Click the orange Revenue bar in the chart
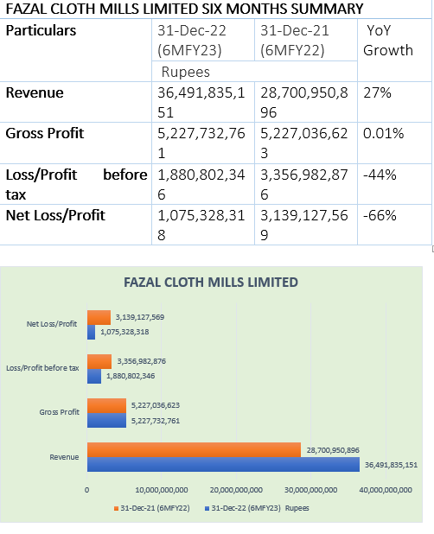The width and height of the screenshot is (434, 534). [x=194, y=449]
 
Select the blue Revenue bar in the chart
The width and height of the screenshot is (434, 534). [x=223, y=464]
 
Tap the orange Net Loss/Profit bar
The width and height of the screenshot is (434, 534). [x=99, y=317]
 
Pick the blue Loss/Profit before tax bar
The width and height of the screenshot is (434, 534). [x=94, y=376]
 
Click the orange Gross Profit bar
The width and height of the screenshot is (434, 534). [x=106, y=405]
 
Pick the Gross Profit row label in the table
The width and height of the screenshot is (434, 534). [x=45, y=133]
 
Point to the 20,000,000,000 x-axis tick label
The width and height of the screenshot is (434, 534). [x=236, y=490]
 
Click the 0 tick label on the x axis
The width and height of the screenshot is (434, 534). [x=86, y=490]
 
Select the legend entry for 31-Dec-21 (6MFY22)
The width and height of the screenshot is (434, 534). [x=152, y=508]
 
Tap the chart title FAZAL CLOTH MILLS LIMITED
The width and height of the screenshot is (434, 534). [x=211, y=283]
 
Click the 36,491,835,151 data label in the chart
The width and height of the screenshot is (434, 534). [x=391, y=465]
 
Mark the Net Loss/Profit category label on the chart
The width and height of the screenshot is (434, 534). [x=52, y=324]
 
